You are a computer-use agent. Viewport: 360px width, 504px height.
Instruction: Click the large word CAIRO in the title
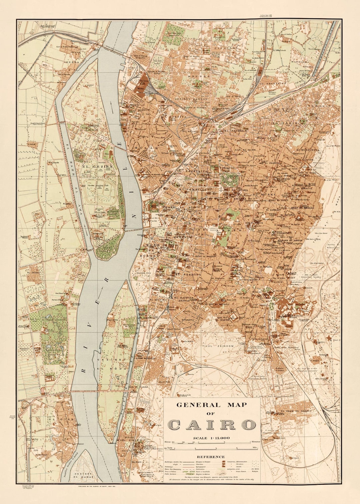point(211,425)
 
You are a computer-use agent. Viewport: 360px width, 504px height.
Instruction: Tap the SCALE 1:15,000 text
point(212,438)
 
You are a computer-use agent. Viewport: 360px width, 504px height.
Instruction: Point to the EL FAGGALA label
point(236,131)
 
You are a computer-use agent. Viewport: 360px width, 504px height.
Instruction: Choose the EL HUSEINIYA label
point(306,150)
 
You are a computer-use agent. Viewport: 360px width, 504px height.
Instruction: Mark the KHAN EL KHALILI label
point(303,208)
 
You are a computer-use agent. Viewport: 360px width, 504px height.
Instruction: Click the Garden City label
point(144,273)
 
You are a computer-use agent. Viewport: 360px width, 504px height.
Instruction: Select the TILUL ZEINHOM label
point(217,346)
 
